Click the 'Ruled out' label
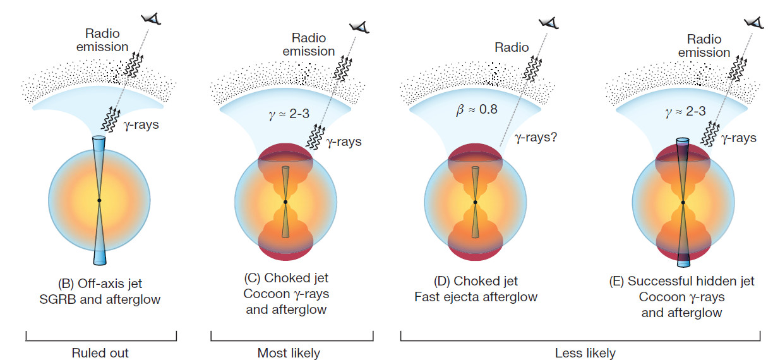[x=100, y=352]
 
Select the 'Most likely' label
[x=289, y=352]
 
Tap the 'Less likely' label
[x=585, y=352]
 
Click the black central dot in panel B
[x=99, y=201]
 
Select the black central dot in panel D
[x=475, y=202]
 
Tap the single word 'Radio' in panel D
[x=511, y=47]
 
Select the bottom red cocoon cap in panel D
[x=475, y=253]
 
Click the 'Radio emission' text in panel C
[x=309, y=45]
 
